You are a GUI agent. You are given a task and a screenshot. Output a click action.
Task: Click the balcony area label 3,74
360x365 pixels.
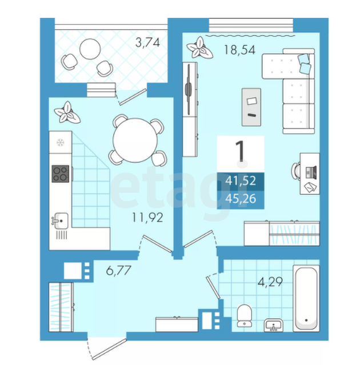(x=147, y=43)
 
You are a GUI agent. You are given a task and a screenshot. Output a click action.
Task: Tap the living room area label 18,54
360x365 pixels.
(x=239, y=50)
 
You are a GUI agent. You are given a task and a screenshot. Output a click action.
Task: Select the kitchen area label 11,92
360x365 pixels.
(x=147, y=218)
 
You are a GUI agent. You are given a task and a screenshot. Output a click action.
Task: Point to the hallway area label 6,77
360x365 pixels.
(x=118, y=270)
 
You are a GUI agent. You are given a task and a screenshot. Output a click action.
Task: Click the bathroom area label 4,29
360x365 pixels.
(x=270, y=282)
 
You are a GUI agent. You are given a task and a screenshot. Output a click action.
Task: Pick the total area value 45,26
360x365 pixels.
(x=241, y=199)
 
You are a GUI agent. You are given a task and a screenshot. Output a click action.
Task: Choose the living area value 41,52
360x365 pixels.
(x=241, y=181)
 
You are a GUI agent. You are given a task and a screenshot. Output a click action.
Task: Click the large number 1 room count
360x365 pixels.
(x=241, y=151)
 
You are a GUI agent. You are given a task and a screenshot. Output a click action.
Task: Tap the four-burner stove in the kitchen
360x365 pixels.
(x=61, y=174)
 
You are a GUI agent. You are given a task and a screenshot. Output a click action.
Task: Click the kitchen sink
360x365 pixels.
(x=61, y=220)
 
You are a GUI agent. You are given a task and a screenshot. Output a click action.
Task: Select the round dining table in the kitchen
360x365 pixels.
(x=135, y=140)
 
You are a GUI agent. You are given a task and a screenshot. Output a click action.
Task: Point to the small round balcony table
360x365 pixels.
(x=90, y=49)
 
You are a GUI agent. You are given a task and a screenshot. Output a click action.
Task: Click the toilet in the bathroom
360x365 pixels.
(x=244, y=315)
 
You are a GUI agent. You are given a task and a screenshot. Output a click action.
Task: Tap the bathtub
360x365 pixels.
(x=306, y=298)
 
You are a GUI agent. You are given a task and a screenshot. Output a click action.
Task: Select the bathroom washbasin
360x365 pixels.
(x=274, y=325)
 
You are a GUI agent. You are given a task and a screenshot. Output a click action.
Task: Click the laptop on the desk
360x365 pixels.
(x=310, y=173)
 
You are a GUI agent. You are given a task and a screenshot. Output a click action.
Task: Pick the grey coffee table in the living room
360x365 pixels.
(x=251, y=107)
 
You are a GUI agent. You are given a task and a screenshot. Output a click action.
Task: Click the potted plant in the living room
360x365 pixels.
(x=199, y=48)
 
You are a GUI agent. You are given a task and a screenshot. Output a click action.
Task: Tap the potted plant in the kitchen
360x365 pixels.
(x=67, y=113)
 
